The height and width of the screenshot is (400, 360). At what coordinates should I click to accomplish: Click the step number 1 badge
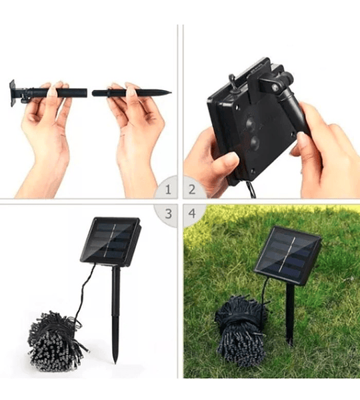(167, 189)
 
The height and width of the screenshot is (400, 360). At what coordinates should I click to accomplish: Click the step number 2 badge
(192, 189)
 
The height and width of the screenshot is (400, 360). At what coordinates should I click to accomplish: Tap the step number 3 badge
(168, 214)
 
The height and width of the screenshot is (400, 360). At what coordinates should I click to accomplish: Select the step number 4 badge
(192, 213)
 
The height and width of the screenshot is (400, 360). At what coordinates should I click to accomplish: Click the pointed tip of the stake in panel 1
(171, 92)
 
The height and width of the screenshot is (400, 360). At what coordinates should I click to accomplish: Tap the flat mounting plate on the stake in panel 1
(12, 93)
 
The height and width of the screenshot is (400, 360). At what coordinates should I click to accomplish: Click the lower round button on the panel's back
(255, 143)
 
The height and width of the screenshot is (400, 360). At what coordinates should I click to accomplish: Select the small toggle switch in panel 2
(232, 79)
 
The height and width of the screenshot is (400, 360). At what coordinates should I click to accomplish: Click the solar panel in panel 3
(111, 241)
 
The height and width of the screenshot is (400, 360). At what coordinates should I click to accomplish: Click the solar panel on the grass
(287, 255)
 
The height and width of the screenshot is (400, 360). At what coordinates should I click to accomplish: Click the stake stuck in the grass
(290, 314)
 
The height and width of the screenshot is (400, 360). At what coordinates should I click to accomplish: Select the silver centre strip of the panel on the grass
(287, 255)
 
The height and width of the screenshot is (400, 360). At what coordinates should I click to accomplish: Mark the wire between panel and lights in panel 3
(84, 293)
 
